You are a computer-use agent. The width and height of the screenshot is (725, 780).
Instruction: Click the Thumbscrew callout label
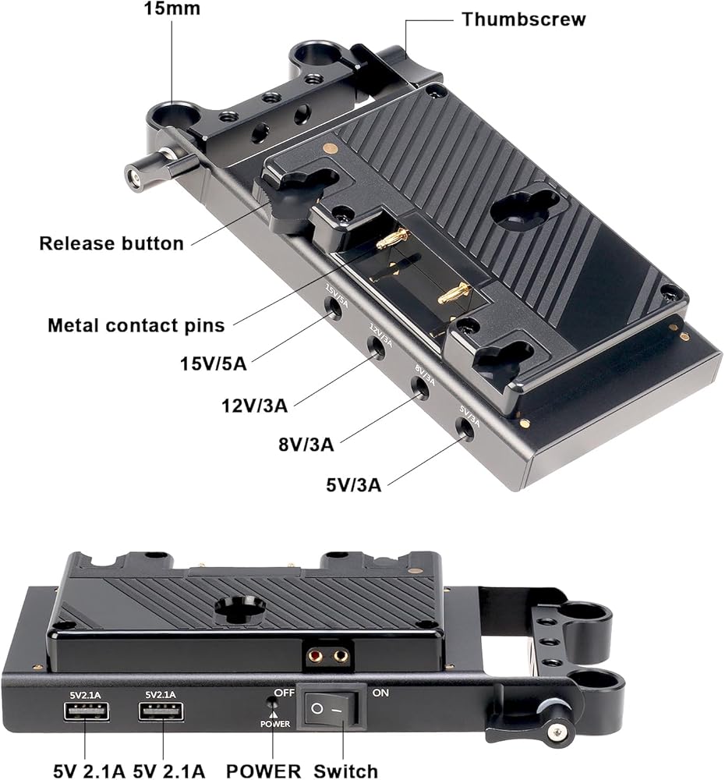click(524, 19)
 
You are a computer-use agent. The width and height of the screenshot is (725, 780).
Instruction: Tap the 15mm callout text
click(172, 8)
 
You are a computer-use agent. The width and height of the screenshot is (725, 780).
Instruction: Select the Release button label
click(111, 243)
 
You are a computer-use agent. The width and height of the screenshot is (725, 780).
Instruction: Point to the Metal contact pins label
click(136, 325)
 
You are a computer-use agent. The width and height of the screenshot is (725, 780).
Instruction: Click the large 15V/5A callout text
click(214, 363)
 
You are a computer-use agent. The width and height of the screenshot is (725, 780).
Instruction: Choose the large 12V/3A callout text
click(255, 406)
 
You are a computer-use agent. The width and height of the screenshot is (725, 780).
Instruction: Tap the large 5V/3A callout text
click(354, 484)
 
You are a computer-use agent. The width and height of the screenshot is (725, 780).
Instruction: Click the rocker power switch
click(329, 709)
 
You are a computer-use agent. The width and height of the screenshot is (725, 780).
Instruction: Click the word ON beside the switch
click(381, 693)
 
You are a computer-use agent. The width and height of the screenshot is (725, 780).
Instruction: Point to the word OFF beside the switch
click(285, 693)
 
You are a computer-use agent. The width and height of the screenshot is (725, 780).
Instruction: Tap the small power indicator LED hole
click(272, 703)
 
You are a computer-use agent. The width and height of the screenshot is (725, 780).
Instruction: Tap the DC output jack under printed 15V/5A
click(333, 308)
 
